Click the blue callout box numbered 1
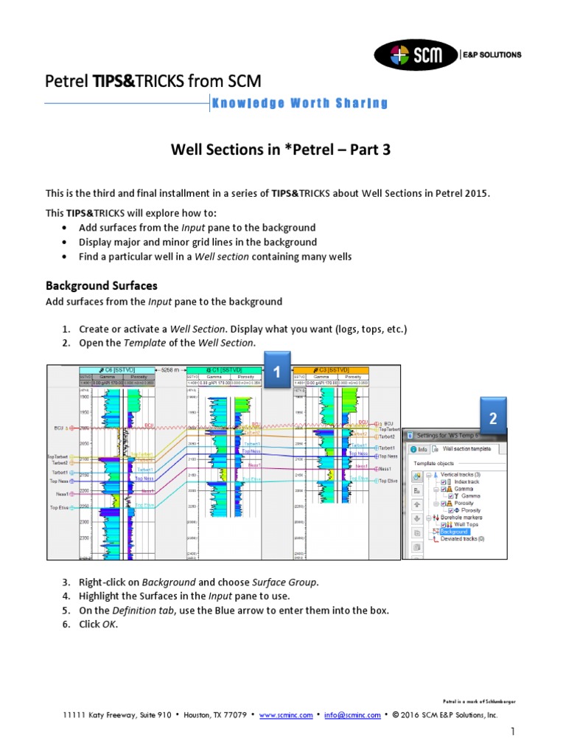[x=276, y=374]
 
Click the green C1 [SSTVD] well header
[x=223, y=369]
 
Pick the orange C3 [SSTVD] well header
[x=331, y=369]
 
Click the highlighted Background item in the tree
[x=454, y=531]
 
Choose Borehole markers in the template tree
[x=461, y=518]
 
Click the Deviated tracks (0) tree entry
[x=462, y=539]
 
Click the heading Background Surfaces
[x=101, y=285]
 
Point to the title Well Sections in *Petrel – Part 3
[x=280, y=150]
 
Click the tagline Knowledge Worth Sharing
[x=299, y=103]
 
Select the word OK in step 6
[x=108, y=624]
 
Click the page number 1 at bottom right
[x=510, y=731]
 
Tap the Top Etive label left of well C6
[x=60, y=507]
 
